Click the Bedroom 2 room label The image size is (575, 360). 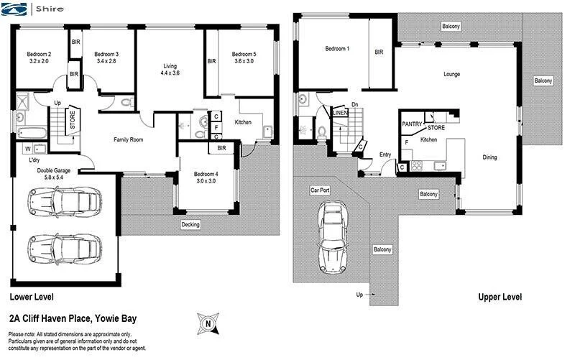click(x=39, y=54)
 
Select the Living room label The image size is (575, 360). click(x=170, y=66)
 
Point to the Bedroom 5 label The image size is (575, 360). click(x=243, y=54)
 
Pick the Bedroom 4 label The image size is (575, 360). click(x=205, y=174)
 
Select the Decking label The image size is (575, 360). click(x=191, y=223)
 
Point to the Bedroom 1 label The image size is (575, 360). click(x=337, y=49)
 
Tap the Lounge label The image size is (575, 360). click(x=451, y=74)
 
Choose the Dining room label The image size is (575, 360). click(x=489, y=157)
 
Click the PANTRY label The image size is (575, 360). click(x=412, y=123)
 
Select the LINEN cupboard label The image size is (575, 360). click(x=340, y=112)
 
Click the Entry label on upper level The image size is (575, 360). click(x=385, y=154)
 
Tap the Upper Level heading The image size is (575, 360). click(x=500, y=297)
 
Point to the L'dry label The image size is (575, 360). click(x=34, y=160)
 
